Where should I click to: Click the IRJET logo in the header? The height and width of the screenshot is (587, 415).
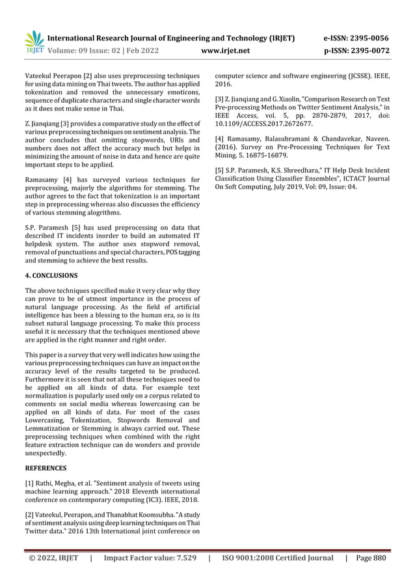coord(33,42)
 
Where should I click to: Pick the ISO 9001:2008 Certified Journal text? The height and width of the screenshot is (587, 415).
coord(278,558)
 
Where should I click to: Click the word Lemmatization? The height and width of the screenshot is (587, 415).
coord(52,429)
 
